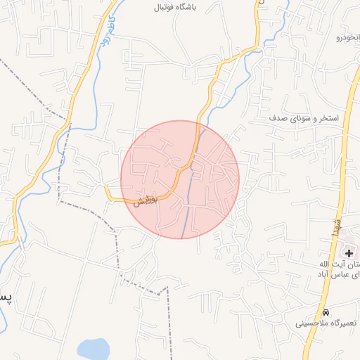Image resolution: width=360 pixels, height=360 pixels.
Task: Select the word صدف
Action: click(x=279, y=118)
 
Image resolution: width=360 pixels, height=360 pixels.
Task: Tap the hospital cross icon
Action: click(x=349, y=252)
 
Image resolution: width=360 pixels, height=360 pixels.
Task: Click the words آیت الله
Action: click(x=331, y=264)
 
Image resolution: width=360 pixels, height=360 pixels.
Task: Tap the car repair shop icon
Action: click(x=325, y=312)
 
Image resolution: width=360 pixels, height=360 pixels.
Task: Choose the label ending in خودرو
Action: click(x=349, y=37)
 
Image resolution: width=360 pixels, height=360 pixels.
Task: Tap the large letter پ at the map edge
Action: click(x=5, y=296)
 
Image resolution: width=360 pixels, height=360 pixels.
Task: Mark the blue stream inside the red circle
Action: click(x=190, y=190)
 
